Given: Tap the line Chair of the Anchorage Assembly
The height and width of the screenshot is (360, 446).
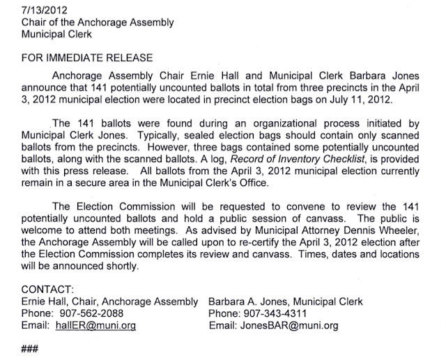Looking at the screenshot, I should click(98, 22).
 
